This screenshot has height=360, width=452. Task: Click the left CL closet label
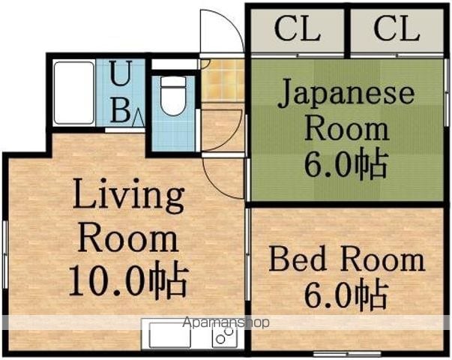[x=297, y=28]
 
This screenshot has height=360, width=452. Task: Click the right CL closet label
[x=397, y=28]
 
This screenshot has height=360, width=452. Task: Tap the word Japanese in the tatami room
[x=346, y=94]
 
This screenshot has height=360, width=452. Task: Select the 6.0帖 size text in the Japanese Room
[x=345, y=163]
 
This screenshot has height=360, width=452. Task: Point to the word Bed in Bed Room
[x=297, y=258]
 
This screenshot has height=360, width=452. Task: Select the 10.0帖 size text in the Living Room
[x=129, y=279]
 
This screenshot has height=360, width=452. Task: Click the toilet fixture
[x=173, y=96]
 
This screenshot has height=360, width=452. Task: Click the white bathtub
[x=74, y=93]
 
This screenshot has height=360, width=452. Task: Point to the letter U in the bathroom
[x=121, y=73]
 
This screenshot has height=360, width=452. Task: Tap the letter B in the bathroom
[x=121, y=109]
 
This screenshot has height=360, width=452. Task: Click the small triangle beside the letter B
[x=138, y=118]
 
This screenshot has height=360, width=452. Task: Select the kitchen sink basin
[x=170, y=335]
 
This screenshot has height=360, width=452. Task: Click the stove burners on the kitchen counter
[x=225, y=335]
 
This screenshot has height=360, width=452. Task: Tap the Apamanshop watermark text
[x=226, y=322]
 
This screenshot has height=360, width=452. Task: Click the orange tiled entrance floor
[x=223, y=80]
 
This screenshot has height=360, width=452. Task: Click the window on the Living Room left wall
[x=4, y=254]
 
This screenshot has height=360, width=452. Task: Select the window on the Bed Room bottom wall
[x=347, y=353]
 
